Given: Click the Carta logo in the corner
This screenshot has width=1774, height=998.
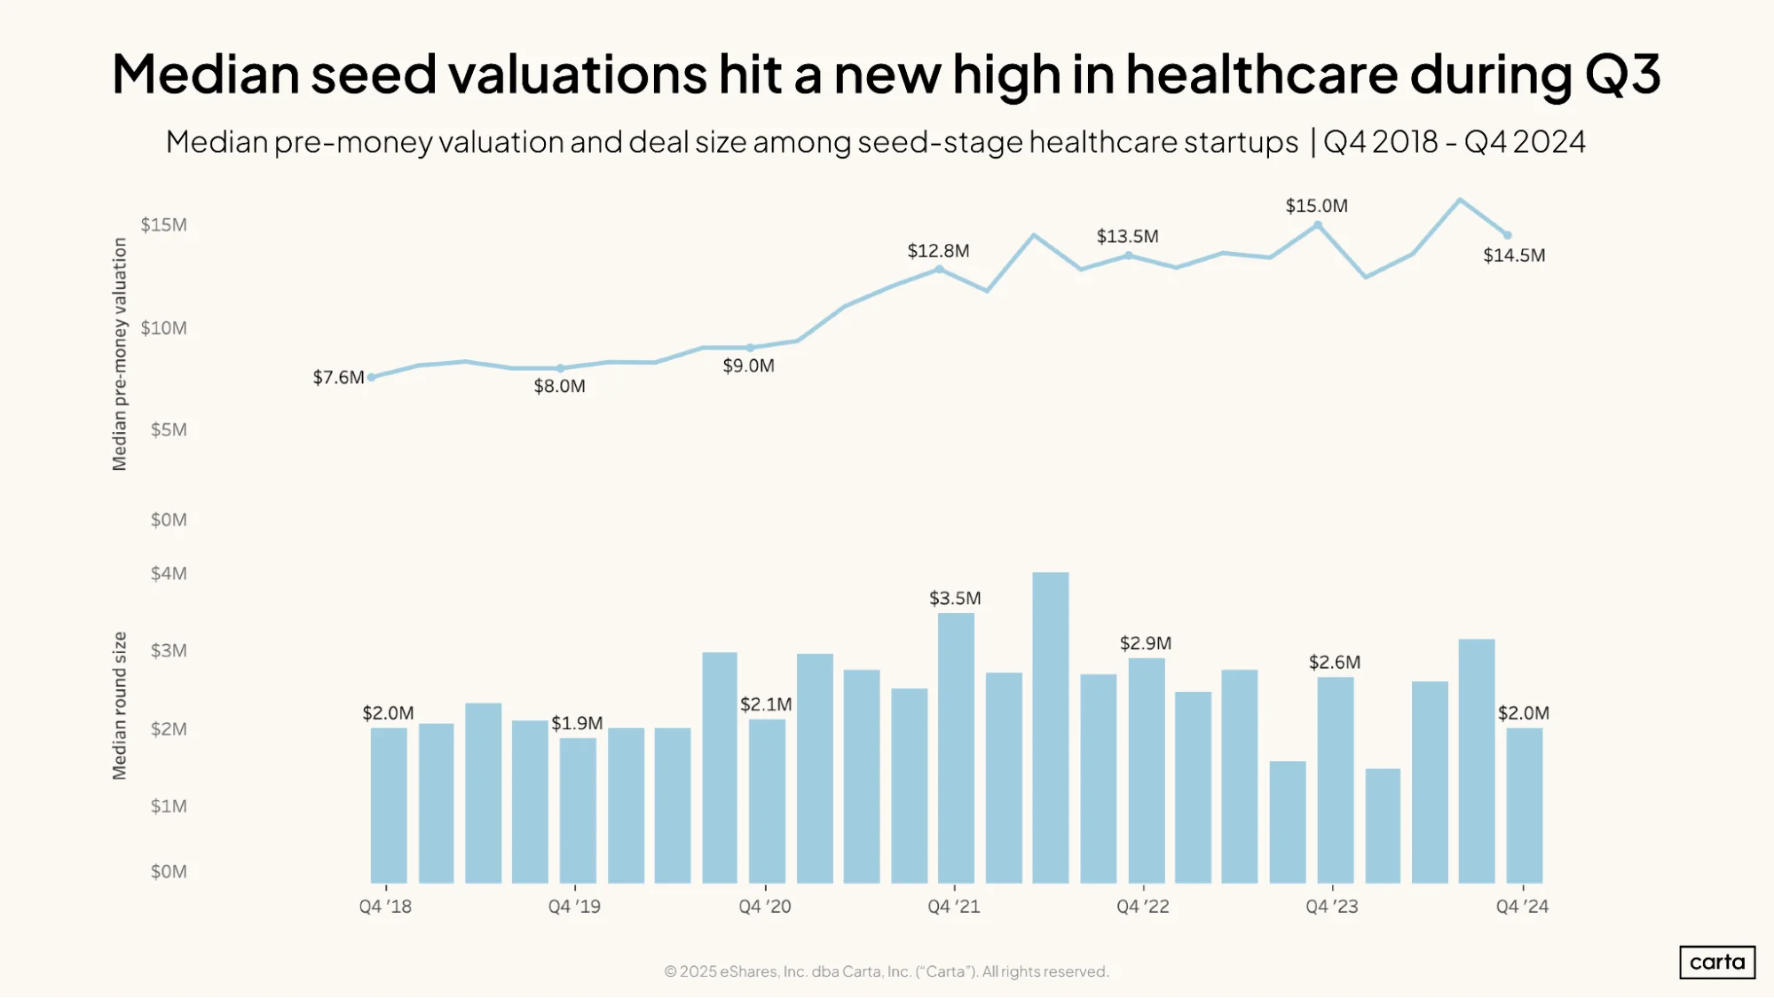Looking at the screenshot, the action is [1716, 962].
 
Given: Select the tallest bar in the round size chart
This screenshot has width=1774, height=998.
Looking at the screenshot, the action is [1050, 727].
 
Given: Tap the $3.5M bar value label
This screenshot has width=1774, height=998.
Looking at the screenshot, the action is [955, 598].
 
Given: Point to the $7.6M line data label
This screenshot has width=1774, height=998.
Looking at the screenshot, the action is [338, 377].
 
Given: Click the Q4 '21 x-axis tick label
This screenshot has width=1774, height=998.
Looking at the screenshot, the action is [954, 907].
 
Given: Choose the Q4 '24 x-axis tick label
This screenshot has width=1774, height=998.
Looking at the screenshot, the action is [1522, 907].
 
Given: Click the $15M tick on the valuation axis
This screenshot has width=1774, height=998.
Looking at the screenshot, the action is [164, 224].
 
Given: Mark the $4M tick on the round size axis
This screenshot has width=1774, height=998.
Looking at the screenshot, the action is [169, 573].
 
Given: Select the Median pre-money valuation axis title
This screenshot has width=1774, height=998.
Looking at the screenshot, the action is [120, 354].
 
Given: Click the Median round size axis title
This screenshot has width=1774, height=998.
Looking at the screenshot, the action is [120, 705].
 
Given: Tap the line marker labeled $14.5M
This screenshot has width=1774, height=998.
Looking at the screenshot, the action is [1507, 235].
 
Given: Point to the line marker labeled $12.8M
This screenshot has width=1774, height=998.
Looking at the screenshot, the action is [939, 269].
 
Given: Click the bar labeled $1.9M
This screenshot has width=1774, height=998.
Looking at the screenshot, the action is [578, 810].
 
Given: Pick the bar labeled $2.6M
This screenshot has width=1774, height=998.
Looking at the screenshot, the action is [1335, 780].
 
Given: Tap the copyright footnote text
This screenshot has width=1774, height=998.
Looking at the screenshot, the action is [887, 971].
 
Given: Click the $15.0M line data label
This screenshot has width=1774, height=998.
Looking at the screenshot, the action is [1317, 206].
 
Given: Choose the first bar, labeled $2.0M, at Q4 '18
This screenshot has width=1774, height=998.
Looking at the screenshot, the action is [389, 805].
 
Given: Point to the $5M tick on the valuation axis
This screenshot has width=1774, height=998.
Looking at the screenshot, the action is [169, 430].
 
